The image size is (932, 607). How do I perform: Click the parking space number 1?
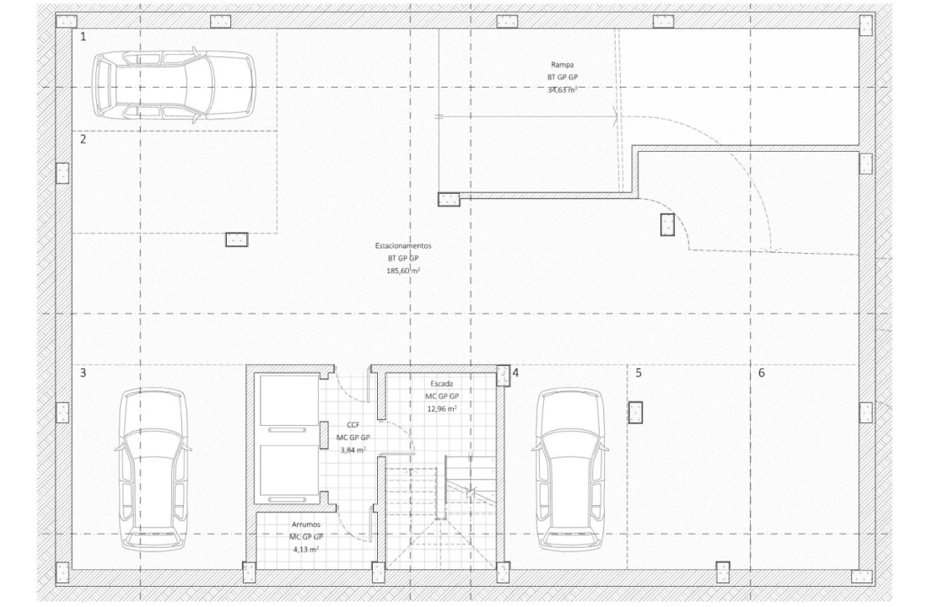pyautogui.click(x=84, y=37)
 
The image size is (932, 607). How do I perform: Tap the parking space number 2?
pyautogui.click(x=84, y=140)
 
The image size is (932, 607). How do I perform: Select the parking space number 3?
pyautogui.click(x=84, y=372)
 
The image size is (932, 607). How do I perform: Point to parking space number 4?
pyautogui.click(x=515, y=372)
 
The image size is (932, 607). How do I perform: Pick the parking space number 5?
pyautogui.click(x=638, y=372)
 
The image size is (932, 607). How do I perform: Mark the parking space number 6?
pyautogui.click(x=762, y=372)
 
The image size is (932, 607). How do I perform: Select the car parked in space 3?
pyautogui.click(x=152, y=469)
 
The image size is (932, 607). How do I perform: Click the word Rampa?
pyautogui.click(x=563, y=64)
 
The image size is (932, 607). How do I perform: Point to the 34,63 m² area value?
pyautogui.click(x=563, y=89)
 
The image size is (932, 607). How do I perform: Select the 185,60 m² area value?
pyautogui.click(x=403, y=271)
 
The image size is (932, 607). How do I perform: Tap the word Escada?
pyautogui.click(x=442, y=383)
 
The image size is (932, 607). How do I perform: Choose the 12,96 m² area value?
pyautogui.click(x=442, y=408)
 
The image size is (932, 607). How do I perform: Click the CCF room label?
pyautogui.click(x=353, y=425)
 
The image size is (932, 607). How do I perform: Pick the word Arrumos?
pyautogui.click(x=306, y=524)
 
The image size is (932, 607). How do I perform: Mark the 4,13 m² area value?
pyautogui.click(x=306, y=549)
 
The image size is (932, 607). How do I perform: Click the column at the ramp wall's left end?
pyautogui.click(x=449, y=200)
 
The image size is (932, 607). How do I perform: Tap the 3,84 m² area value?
pyautogui.click(x=353, y=450)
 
